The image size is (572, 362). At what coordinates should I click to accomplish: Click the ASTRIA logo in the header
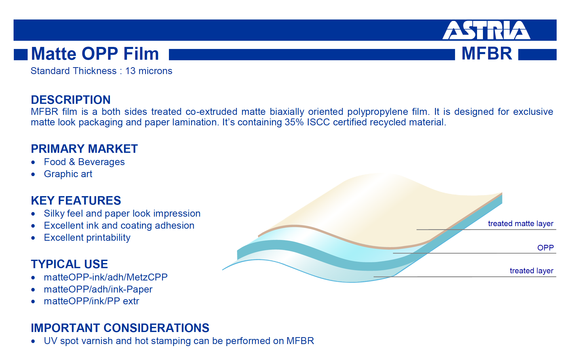(486, 30)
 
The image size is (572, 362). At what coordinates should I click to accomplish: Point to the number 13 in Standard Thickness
(130, 71)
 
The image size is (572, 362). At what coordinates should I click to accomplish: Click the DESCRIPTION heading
(71, 100)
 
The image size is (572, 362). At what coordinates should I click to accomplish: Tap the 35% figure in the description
(294, 122)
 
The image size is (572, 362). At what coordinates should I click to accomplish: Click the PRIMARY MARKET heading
(84, 149)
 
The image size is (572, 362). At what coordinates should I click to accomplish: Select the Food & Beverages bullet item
(84, 162)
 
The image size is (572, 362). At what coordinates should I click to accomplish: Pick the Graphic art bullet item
(68, 174)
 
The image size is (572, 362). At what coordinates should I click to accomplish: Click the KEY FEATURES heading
(76, 200)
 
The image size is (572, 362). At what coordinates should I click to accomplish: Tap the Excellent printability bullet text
(87, 238)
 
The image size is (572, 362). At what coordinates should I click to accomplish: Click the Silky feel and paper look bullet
(122, 214)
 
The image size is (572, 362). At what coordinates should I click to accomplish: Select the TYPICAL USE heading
(69, 264)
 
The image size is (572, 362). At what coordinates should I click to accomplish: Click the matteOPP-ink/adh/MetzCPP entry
(106, 277)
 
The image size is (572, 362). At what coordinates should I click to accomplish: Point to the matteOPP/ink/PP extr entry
(91, 301)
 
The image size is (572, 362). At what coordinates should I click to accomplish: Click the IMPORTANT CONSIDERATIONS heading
(120, 328)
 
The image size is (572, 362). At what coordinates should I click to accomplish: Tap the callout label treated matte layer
(521, 224)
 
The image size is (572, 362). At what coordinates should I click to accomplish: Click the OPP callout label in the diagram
(545, 248)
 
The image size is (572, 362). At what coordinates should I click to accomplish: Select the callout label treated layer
(532, 271)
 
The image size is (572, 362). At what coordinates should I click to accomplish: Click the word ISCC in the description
(318, 122)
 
